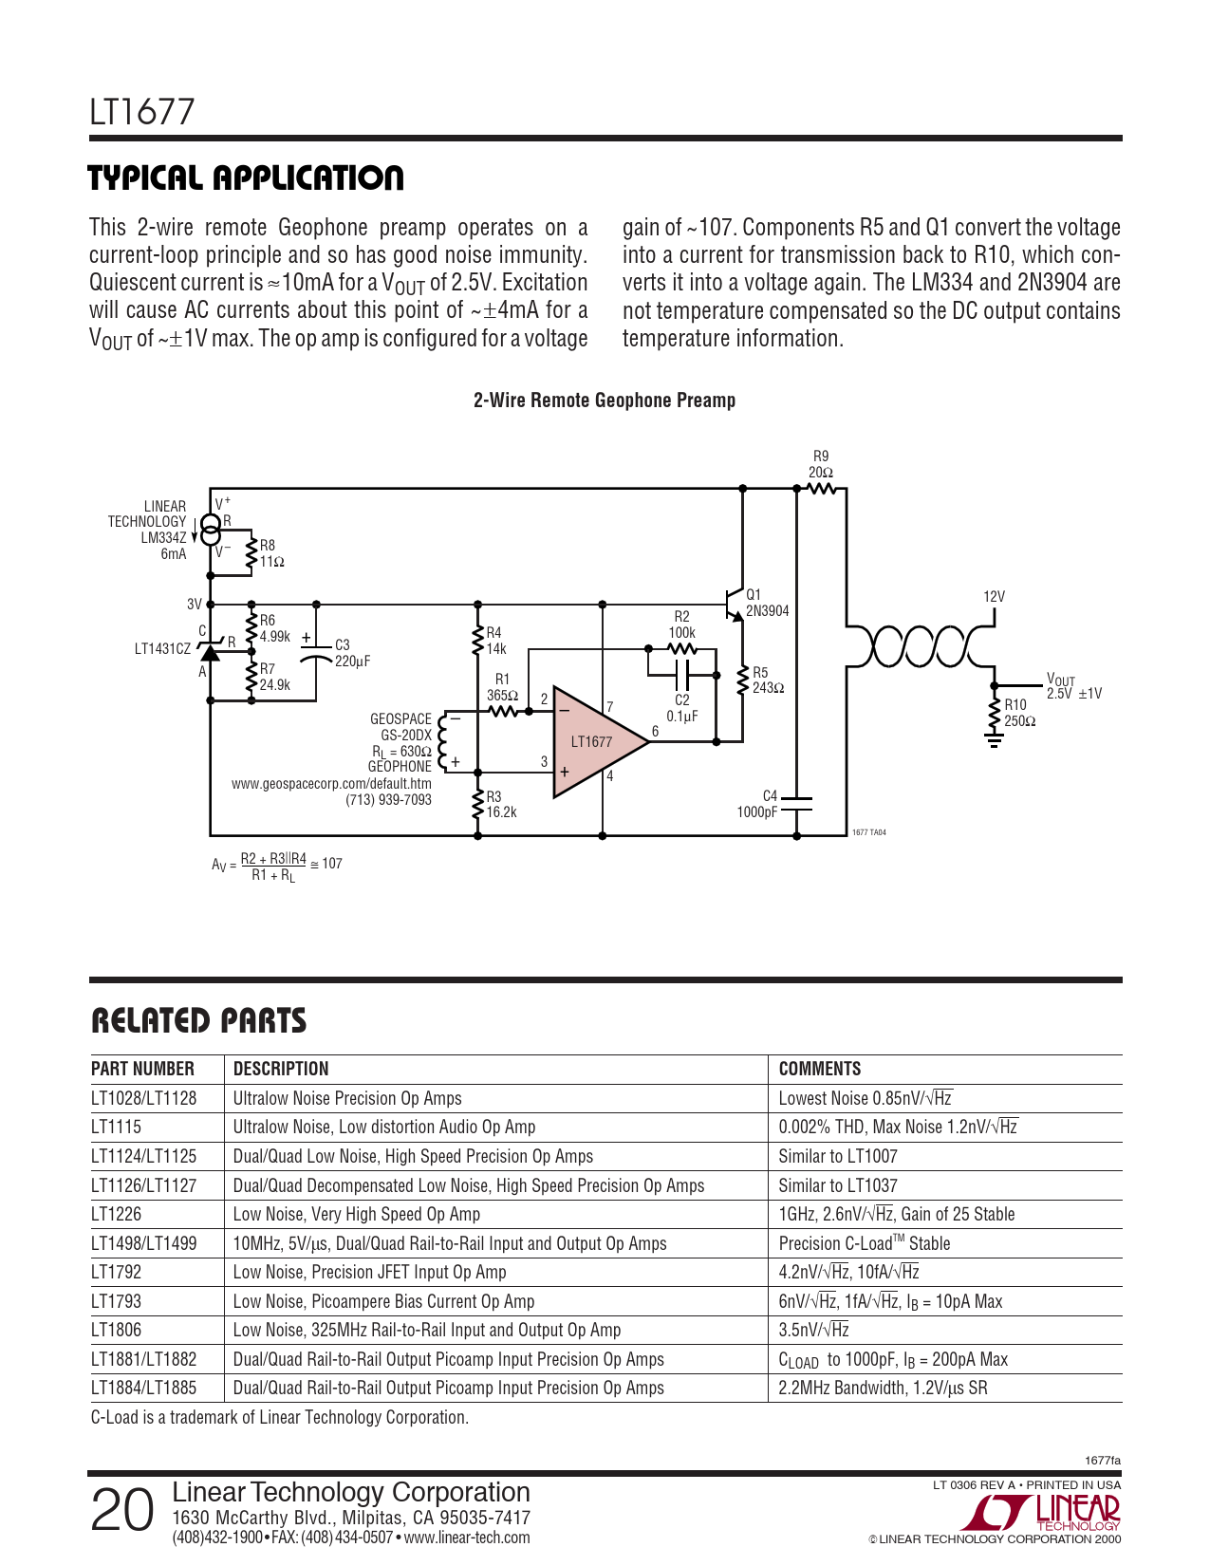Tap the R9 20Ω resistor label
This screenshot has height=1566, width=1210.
point(821,464)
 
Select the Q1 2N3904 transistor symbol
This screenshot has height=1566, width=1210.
point(733,603)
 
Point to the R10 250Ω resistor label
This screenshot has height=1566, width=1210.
point(1019,713)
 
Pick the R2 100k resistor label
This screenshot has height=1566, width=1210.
point(681,625)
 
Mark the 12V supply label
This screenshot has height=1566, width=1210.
point(994,597)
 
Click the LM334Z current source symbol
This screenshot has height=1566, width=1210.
point(211,528)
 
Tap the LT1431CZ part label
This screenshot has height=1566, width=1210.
point(162,649)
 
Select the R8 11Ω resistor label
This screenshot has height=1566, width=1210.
point(271,553)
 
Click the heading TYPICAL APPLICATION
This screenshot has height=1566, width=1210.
point(246,177)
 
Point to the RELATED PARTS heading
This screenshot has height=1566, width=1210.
point(198,1021)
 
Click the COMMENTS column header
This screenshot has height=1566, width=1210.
point(819,1069)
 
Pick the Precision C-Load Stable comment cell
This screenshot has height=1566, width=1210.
point(864,1243)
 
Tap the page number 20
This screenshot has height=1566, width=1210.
point(121,1510)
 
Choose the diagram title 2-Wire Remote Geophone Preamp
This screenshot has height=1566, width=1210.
point(605,401)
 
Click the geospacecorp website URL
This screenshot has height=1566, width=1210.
point(331,784)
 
